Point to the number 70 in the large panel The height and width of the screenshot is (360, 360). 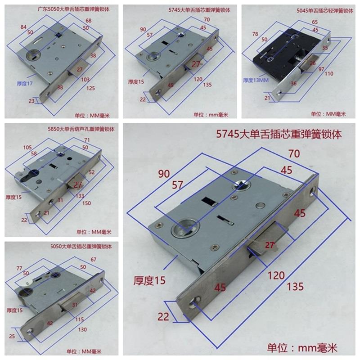pyautogui.click(x=295, y=154)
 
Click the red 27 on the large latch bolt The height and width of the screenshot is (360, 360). pyautogui.click(x=270, y=245)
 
